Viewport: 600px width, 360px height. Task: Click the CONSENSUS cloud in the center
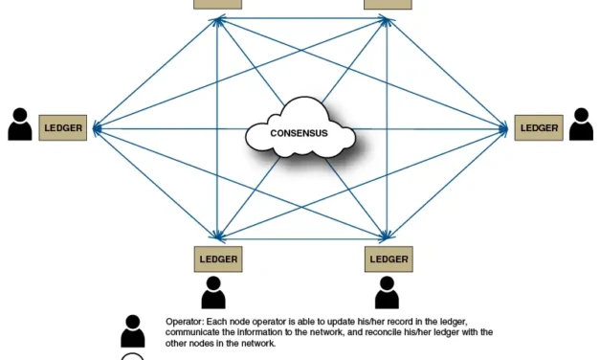point(300,128)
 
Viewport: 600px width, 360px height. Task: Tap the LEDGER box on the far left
point(63,127)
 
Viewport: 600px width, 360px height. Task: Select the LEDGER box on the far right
point(539,127)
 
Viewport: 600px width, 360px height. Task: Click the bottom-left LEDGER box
point(218,259)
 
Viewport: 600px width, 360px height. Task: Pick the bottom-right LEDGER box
point(389,259)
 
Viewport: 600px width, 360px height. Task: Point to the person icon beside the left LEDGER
point(20,124)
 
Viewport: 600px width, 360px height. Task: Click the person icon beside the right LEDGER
point(581,124)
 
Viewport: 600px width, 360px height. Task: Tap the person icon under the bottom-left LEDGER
point(213,293)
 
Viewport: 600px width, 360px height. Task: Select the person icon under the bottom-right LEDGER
point(387,293)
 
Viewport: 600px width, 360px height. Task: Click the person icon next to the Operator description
point(133,331)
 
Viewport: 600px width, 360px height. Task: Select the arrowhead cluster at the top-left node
point(218,21)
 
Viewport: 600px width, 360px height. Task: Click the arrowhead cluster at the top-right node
point(387,21)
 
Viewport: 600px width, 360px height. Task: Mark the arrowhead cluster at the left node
point(98,128)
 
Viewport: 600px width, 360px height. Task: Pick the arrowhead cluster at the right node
point(504,128)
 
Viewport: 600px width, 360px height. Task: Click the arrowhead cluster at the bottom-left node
point(218,236)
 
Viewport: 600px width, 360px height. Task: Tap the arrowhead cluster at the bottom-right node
point(387,236)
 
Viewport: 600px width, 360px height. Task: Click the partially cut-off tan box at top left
point(218,4)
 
